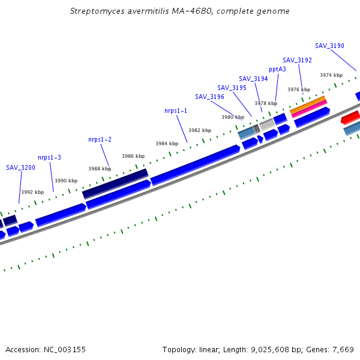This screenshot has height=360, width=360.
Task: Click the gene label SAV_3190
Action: click(x=329, y=46)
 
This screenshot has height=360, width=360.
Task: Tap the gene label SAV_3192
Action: click(x=297, y=60)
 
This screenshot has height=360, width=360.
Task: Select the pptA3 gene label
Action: click(x=277, y=69)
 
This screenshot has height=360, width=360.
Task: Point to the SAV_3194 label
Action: click(x=253, y=79)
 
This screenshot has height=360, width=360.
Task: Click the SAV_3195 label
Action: click(x=232, y=88)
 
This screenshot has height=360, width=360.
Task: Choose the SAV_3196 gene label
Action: click(x=209, y=97)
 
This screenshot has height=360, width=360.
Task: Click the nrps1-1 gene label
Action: click(x=176, y=111)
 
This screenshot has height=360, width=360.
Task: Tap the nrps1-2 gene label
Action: click(x=100, y=139)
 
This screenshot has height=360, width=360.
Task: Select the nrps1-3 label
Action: click(x=49, y=157)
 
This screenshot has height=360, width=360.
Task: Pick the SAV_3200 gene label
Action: click(x=20, y=167)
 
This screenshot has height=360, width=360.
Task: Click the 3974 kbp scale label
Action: click(x=331, y=75)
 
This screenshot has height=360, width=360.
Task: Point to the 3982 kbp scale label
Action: click(x=200, y=130)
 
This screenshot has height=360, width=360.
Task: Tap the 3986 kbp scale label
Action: click(x=133, y=156)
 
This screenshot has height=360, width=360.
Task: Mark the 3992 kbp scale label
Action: click(x=32, y=192)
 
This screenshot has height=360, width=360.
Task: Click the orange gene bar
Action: click(x=307, y=104)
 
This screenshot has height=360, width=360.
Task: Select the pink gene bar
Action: click(x=310, y=109)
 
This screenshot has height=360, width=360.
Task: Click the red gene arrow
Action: click(x=350, y=116)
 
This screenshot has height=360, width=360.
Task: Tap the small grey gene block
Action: click(x=256, y=128)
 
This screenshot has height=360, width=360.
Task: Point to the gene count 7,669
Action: click(x=342, y=349)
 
